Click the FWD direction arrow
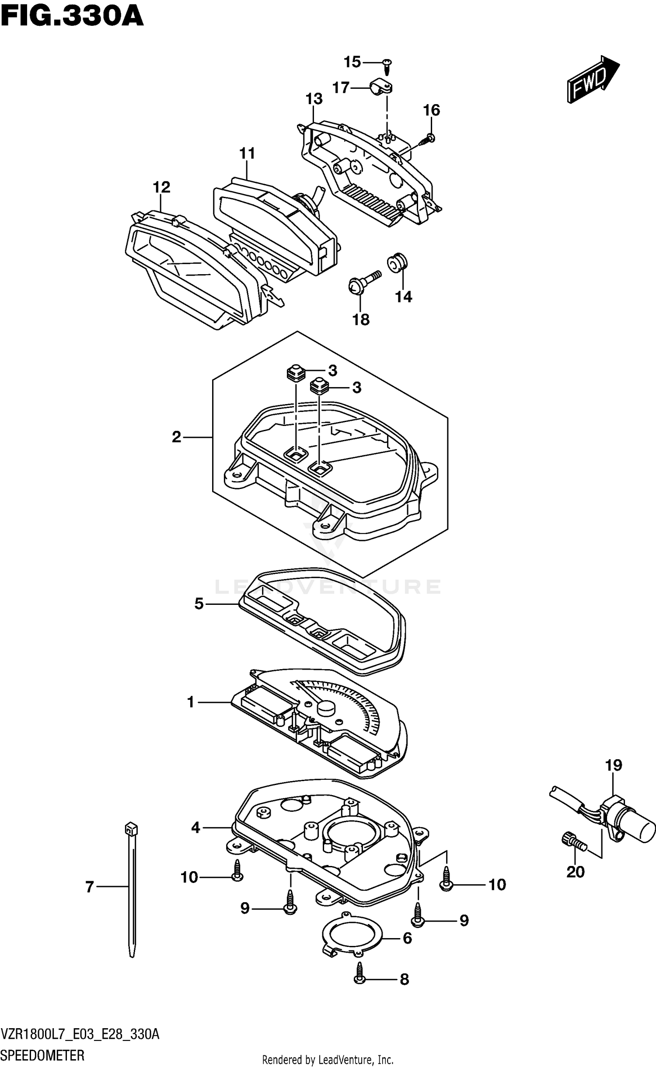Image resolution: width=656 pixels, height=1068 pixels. (593, 80)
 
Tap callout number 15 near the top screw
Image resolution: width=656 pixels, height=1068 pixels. (352, 62)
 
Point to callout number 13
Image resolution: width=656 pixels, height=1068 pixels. (314, 99)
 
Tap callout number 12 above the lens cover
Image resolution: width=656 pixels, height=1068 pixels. (161, 187)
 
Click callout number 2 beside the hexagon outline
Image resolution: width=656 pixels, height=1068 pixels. (176, 436)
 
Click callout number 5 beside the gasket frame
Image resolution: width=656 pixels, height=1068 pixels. (199, 604)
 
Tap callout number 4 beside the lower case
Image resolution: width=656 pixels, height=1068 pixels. (195, 827)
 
